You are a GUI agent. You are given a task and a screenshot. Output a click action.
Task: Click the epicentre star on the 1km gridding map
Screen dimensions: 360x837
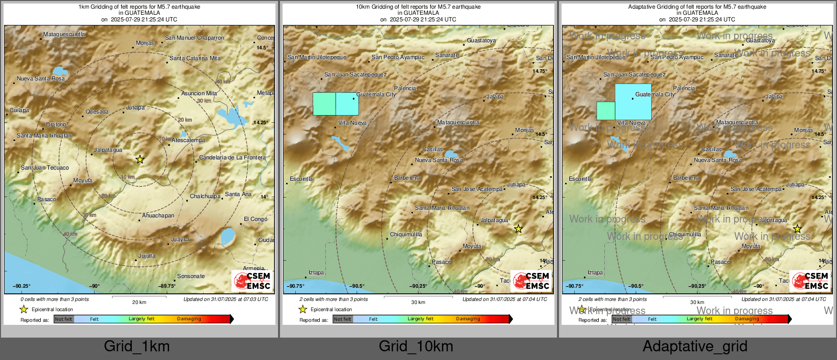[140, 159]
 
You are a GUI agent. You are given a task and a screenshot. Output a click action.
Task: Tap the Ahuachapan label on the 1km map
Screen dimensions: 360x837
[158, 216]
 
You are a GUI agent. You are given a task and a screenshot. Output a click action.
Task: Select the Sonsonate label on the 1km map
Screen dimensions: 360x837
[191, 276]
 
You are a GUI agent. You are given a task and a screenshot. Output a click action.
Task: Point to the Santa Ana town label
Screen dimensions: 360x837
[238, 194]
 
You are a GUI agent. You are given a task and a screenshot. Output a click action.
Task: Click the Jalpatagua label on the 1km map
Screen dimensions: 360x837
[108, 150]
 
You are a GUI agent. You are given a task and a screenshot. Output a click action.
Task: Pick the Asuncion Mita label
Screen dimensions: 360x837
[199, 94]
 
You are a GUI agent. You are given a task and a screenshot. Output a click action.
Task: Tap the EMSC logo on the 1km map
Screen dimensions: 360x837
[252, 281]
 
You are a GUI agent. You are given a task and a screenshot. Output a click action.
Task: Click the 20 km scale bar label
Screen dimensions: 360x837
[139, 302]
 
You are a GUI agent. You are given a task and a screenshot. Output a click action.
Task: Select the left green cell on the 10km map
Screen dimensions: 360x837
[324, 104]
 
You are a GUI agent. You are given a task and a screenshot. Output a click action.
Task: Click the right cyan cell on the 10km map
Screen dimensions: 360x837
[347, 104]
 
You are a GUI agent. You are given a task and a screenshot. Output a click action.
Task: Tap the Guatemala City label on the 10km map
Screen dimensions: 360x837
[376, 95]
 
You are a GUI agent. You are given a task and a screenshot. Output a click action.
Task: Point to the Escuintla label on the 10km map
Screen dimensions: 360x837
[301, 179]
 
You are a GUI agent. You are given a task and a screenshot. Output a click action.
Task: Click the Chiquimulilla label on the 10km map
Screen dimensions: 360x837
[406, 235]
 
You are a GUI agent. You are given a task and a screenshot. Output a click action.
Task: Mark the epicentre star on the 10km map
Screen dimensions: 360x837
[518, 229]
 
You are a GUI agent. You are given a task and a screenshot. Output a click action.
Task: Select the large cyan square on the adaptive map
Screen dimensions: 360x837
[633, 102]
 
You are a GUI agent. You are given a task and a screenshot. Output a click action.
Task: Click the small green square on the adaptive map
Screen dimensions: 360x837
[605, 110]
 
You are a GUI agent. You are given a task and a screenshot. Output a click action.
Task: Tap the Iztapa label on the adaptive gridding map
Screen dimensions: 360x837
[595, 273]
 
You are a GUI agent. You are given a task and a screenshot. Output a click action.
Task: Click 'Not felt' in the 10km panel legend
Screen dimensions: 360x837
[343, 319]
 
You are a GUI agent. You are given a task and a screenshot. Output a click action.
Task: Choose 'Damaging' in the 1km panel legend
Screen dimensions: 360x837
[189, 319]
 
